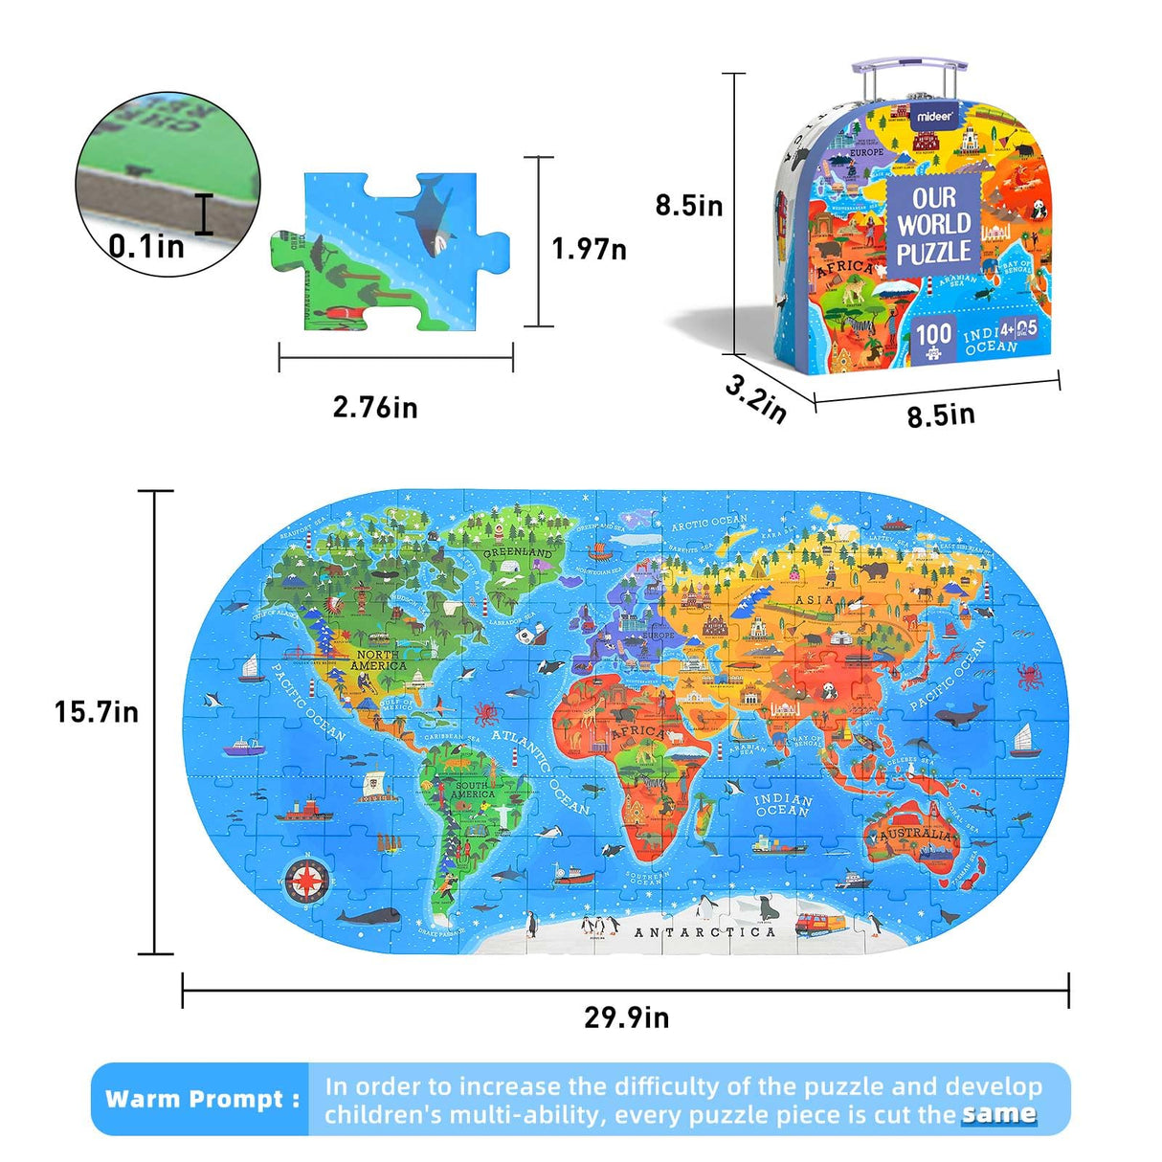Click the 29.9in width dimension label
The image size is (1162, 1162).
click(x=626, y=1017)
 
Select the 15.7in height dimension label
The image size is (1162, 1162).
click(x=96, y=712)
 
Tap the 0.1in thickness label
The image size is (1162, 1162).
click(x=145, y=247)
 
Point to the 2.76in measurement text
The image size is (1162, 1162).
click(x=375, y=408)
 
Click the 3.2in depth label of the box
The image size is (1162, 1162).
click(x=755, y=398)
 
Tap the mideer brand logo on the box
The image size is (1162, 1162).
click(x=934, y=116)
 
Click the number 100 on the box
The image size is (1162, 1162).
click(x=932, y=334)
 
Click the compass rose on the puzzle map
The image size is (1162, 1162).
click(x=308, y=879)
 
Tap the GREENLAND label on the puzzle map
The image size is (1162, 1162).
click(x=518, y=553)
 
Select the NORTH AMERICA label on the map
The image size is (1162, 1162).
click(x=378, y=660)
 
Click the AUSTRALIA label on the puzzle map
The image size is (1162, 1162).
click(x=916, y=835)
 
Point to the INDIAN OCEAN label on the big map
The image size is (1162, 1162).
click(x=782, y=805)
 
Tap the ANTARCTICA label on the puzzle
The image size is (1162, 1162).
click(x=704, y=932)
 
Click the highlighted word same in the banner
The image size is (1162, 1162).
click(x=999, y=1113)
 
